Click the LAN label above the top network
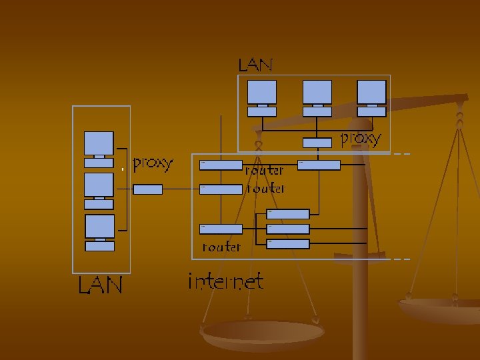[x=256, y=65]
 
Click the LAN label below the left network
[x=100, y=286]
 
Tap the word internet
[x=225, y=282]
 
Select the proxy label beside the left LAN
[x=153, y=162]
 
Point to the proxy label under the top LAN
[x=361, y=139]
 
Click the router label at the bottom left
[x=221, y=247]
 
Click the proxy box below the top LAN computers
[x=317, y=142]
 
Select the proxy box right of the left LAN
[x=148, y=189]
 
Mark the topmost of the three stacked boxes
[x=288, y=214]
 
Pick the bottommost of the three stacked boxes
[x=288, y=244]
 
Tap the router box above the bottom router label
[x=221, y=229]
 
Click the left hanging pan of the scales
[x=263, y=333]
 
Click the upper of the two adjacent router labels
[x=265, y=171]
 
